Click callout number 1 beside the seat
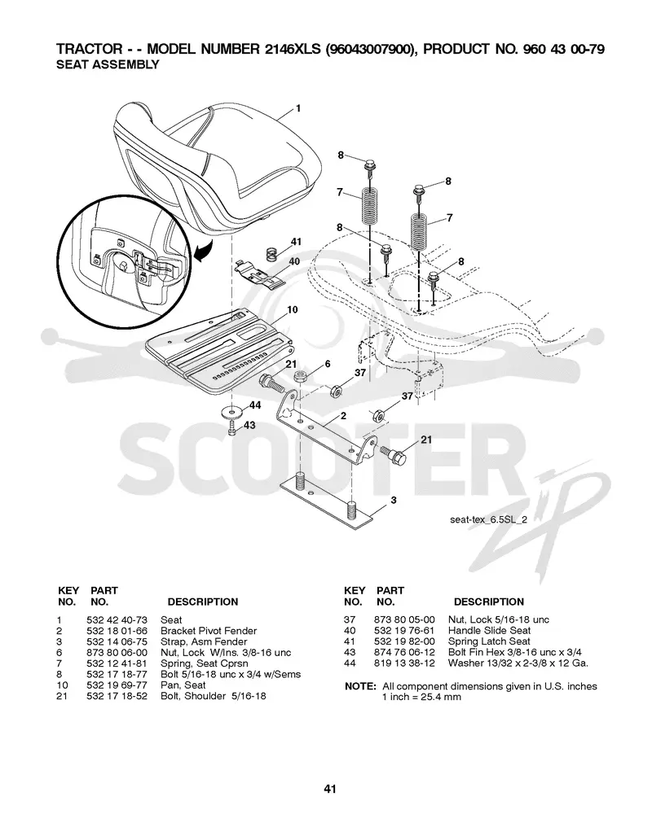coord(298,108)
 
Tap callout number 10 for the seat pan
coord(292,310)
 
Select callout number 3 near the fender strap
coord(394,500)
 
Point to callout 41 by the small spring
coord(296,242)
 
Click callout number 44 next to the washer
coord(255,405)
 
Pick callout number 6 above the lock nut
coord(328,364)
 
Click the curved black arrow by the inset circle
coord(204,251)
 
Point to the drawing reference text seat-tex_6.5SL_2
coord(488,519)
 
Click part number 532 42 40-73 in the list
coord(117,620)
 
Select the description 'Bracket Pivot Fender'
coord(209,631)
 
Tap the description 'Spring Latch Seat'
coord(489,641)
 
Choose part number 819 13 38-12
coord(404,663)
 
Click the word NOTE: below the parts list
coord(360,686)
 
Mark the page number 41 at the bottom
coord(330,789)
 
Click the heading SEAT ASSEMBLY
coord(108,64)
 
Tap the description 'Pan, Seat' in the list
coord(183,685)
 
